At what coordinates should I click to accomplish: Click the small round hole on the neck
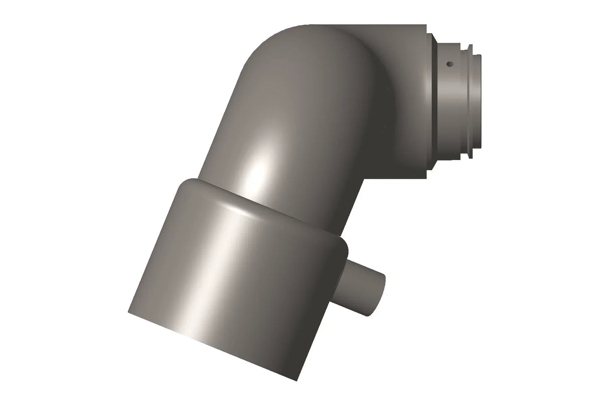point(450,64)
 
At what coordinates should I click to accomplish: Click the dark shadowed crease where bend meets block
point(384,100)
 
